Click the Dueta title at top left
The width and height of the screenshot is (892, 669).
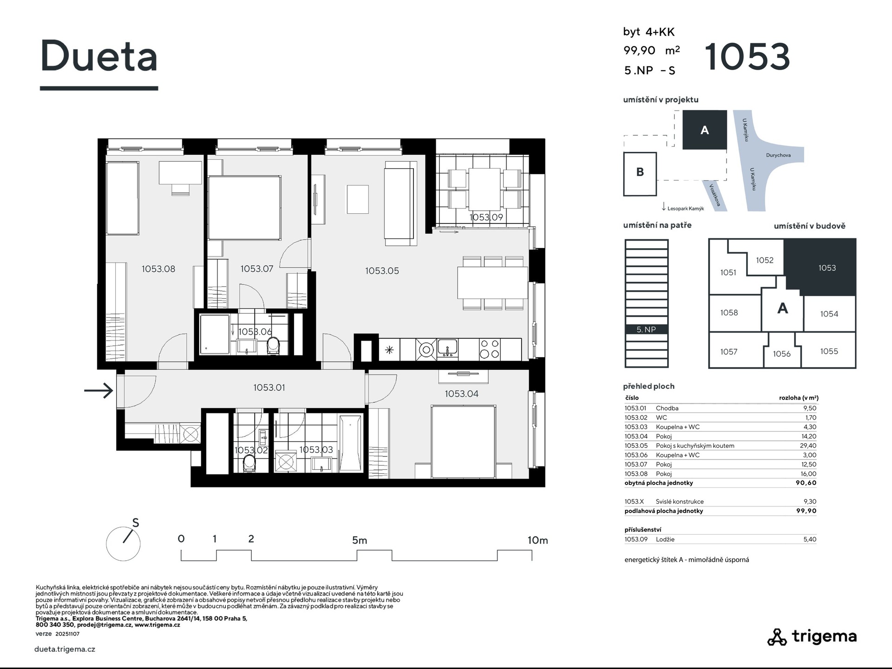point(99,56)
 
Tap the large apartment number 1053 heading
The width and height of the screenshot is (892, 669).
point(748,57)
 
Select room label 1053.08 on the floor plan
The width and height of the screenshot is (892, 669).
point(158,269)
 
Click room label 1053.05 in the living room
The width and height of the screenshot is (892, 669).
point(382,270)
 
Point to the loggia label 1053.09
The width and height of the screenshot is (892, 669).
point(486,217)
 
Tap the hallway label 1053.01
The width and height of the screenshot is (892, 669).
point(269,387)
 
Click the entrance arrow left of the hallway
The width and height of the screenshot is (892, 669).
point(98,390)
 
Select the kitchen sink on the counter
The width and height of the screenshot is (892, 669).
point(447,348)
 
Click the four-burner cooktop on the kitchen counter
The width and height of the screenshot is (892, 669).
point(490,349)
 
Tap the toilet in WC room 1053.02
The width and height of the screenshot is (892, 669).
point(249,463)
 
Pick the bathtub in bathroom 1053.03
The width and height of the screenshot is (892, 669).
point(350,443)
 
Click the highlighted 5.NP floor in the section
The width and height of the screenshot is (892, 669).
point(646,329)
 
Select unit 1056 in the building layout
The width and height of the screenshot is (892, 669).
point(781,354)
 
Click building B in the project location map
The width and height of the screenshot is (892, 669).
point(640,173)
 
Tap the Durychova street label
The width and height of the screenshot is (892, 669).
point(778,155)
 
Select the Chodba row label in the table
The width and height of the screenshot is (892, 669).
point(667,408)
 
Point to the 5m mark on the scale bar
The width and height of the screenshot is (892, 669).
point(360,540)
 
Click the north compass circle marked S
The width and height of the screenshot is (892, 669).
point(123,544)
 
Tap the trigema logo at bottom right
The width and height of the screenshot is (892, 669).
point(812,636)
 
